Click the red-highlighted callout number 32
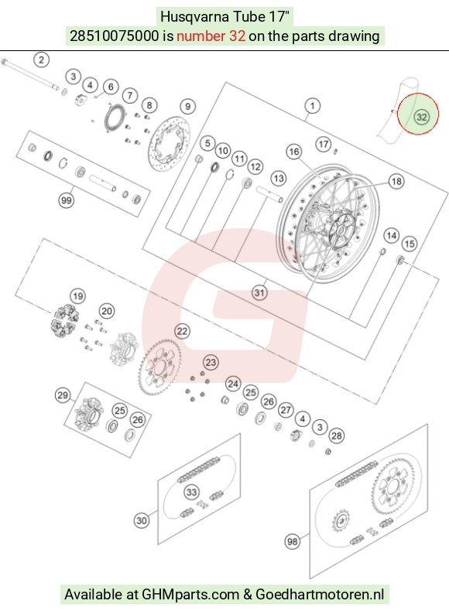[421, 117]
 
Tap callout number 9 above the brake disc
[187, 107]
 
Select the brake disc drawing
[170, 143]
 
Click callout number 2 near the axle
[41, 60]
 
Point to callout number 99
[67, 200]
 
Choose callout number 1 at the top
[312, 106]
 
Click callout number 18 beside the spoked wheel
[396, 181]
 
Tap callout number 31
[259, 292]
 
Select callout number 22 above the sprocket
[182, 331]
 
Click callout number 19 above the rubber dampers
[78, 296]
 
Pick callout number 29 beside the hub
[63, 395]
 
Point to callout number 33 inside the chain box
[191, 492]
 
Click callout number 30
[142, 521]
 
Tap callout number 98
[292, 541]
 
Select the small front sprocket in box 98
[341, 521]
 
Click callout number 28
[337, 435]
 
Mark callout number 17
[323, 144]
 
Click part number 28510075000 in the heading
[115, 36]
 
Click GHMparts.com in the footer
[190, 594]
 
